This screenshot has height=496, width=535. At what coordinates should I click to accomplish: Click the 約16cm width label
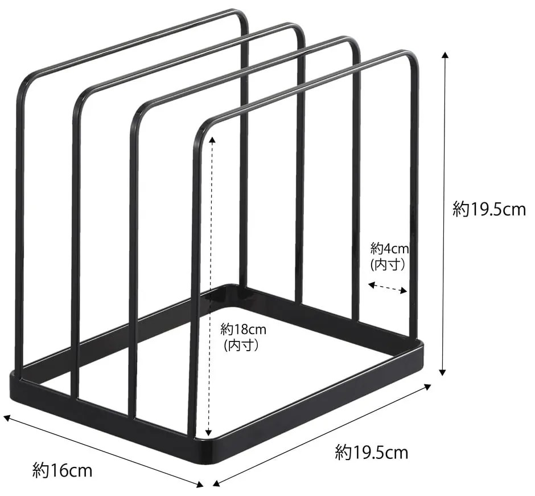click(63, 471)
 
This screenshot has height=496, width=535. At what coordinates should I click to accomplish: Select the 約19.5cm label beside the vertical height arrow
click(489, 210)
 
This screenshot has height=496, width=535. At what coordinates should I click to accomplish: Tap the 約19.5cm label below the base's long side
click(372, 453)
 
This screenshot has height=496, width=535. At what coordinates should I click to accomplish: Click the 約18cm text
click(244, 329)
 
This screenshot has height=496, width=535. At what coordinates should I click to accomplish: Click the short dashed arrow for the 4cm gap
click(388, 288)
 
